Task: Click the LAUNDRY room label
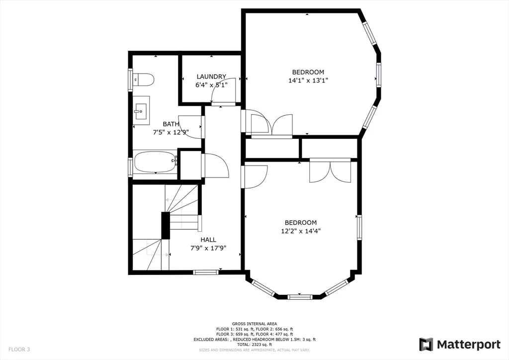[x=211, y=77]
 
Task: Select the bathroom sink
[x=141, y=110]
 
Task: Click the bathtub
[x=155, y=162]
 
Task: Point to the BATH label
[x=171, y=124]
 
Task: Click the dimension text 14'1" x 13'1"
[x=308, y=80]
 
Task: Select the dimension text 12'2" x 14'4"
[x=301, y=231]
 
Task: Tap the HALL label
[x=208, y=240]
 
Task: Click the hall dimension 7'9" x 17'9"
[x=208, y=248]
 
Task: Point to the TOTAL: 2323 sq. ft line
[x=254, y=345]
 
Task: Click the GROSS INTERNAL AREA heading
[x=254, y=323]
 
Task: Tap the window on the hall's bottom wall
[x=205, y=272]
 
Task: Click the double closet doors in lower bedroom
[x=330, y=171]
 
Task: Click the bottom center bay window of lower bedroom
[x=300, y=297]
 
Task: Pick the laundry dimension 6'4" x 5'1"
[x=211, y=85]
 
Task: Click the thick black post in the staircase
[x=165, y=225]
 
